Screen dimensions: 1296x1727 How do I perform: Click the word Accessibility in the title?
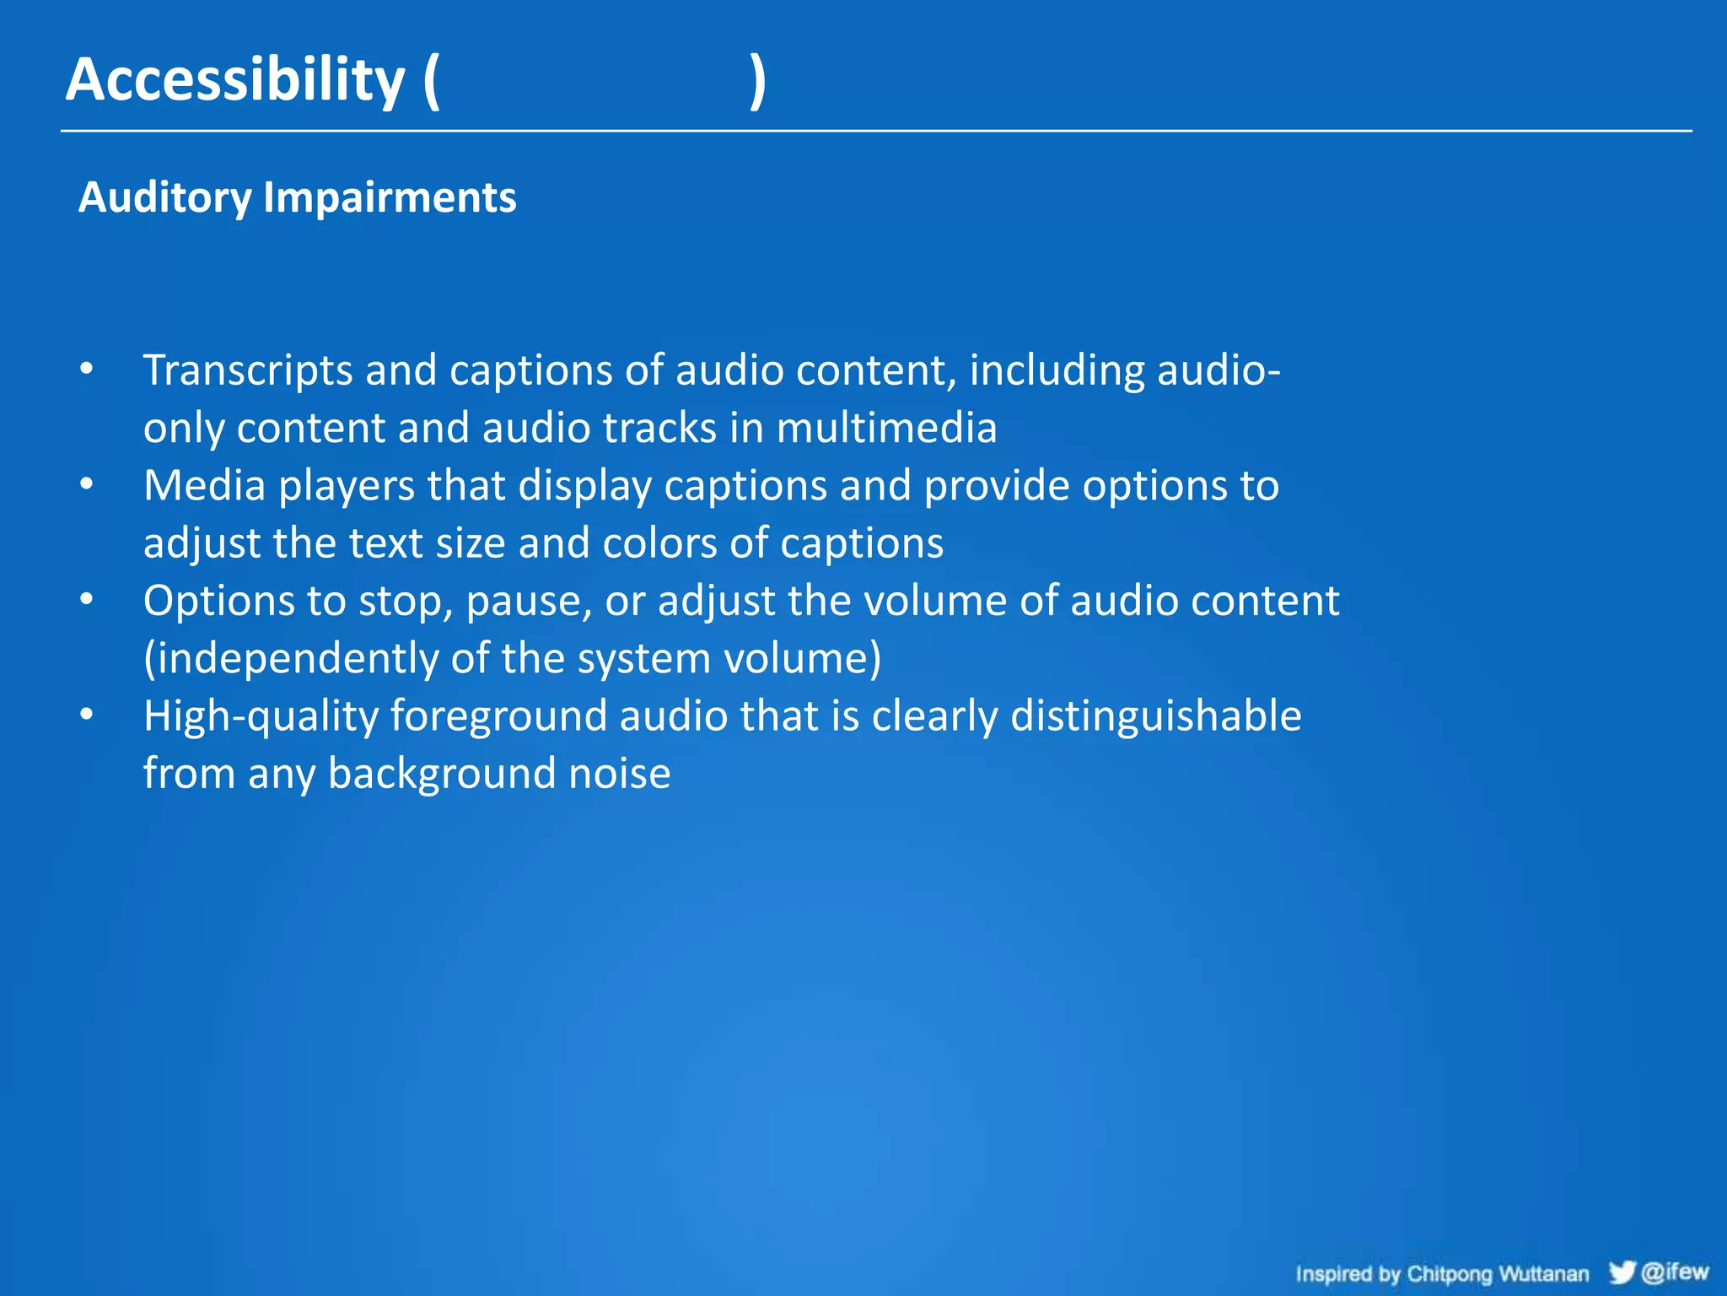[x=235, y=80]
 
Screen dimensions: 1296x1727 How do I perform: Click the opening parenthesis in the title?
[x=431, y=82]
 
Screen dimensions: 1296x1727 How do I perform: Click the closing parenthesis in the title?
[x=758, y=82]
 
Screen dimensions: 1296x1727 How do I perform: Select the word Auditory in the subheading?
[x=165, y=198]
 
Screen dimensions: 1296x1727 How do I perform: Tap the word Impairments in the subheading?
[x=390, y=198]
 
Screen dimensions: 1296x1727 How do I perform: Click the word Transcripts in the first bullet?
[x=248, y=371]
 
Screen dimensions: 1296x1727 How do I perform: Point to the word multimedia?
[x=886, y=428]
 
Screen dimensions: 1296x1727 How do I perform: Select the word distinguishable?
[x=1155, y=716]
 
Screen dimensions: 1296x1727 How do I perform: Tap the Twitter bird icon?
[x=1621, y=1272]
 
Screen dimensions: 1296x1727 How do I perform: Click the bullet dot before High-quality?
[x=87, y=715]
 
